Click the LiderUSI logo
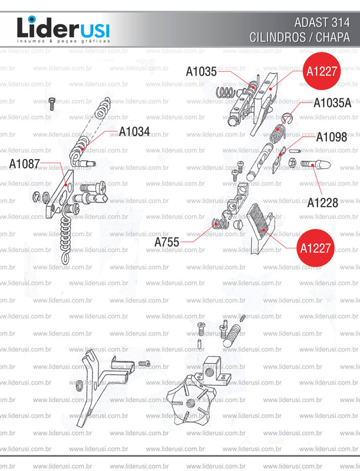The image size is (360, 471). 64,29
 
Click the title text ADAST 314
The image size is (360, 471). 322,22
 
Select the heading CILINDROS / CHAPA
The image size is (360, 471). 299,37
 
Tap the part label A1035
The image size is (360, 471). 201,71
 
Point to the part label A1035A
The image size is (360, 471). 332,103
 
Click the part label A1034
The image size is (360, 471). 134,131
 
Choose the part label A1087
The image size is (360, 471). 24,164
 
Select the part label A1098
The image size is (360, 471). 332,137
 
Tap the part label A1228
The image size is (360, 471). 322,203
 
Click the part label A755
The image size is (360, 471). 167,242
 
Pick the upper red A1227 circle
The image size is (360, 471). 322,71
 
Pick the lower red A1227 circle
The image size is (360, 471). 316,248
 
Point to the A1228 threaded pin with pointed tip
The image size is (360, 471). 316,165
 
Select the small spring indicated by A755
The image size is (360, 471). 220,224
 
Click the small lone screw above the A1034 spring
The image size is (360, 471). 52,104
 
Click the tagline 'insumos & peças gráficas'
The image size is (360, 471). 64,41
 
